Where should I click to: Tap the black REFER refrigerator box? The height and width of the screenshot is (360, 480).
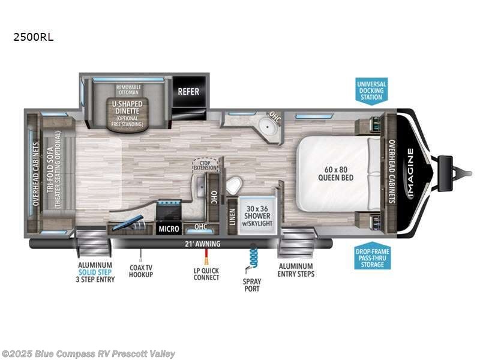188,92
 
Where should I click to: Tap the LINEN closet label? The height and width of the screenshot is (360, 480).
232,215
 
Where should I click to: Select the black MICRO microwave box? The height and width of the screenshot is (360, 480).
168,229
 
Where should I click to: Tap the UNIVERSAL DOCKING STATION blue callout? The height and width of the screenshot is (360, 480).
371,91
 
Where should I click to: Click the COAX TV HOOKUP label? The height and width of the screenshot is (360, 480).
141,271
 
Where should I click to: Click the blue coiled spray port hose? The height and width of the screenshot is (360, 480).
253,255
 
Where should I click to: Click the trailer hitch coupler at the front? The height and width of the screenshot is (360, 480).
446,166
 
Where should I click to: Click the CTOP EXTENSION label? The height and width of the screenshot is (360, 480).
205,164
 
